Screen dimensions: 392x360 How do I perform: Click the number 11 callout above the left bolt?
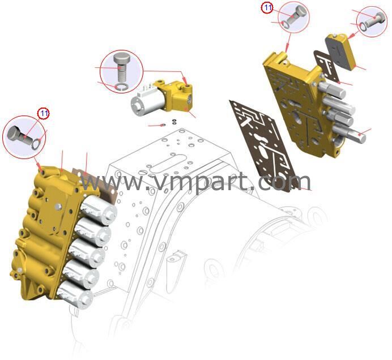coord(44,113)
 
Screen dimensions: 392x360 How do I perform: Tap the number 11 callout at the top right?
coord(267,7)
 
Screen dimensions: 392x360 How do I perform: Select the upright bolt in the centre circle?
coord(121,67)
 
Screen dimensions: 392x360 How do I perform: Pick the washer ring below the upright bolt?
coord(121,87)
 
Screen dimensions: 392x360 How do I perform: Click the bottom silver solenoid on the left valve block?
coord(75,295)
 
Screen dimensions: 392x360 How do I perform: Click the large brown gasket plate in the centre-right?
coord(263,144)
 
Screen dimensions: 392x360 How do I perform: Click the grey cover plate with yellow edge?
coord(341,51)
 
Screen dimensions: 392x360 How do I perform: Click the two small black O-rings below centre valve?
coord(174,122)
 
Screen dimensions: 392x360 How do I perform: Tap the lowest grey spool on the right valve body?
coord(350,134)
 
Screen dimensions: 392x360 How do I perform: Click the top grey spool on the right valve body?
coord(332,89)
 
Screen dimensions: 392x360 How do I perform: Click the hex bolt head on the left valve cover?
coord(58,206)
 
